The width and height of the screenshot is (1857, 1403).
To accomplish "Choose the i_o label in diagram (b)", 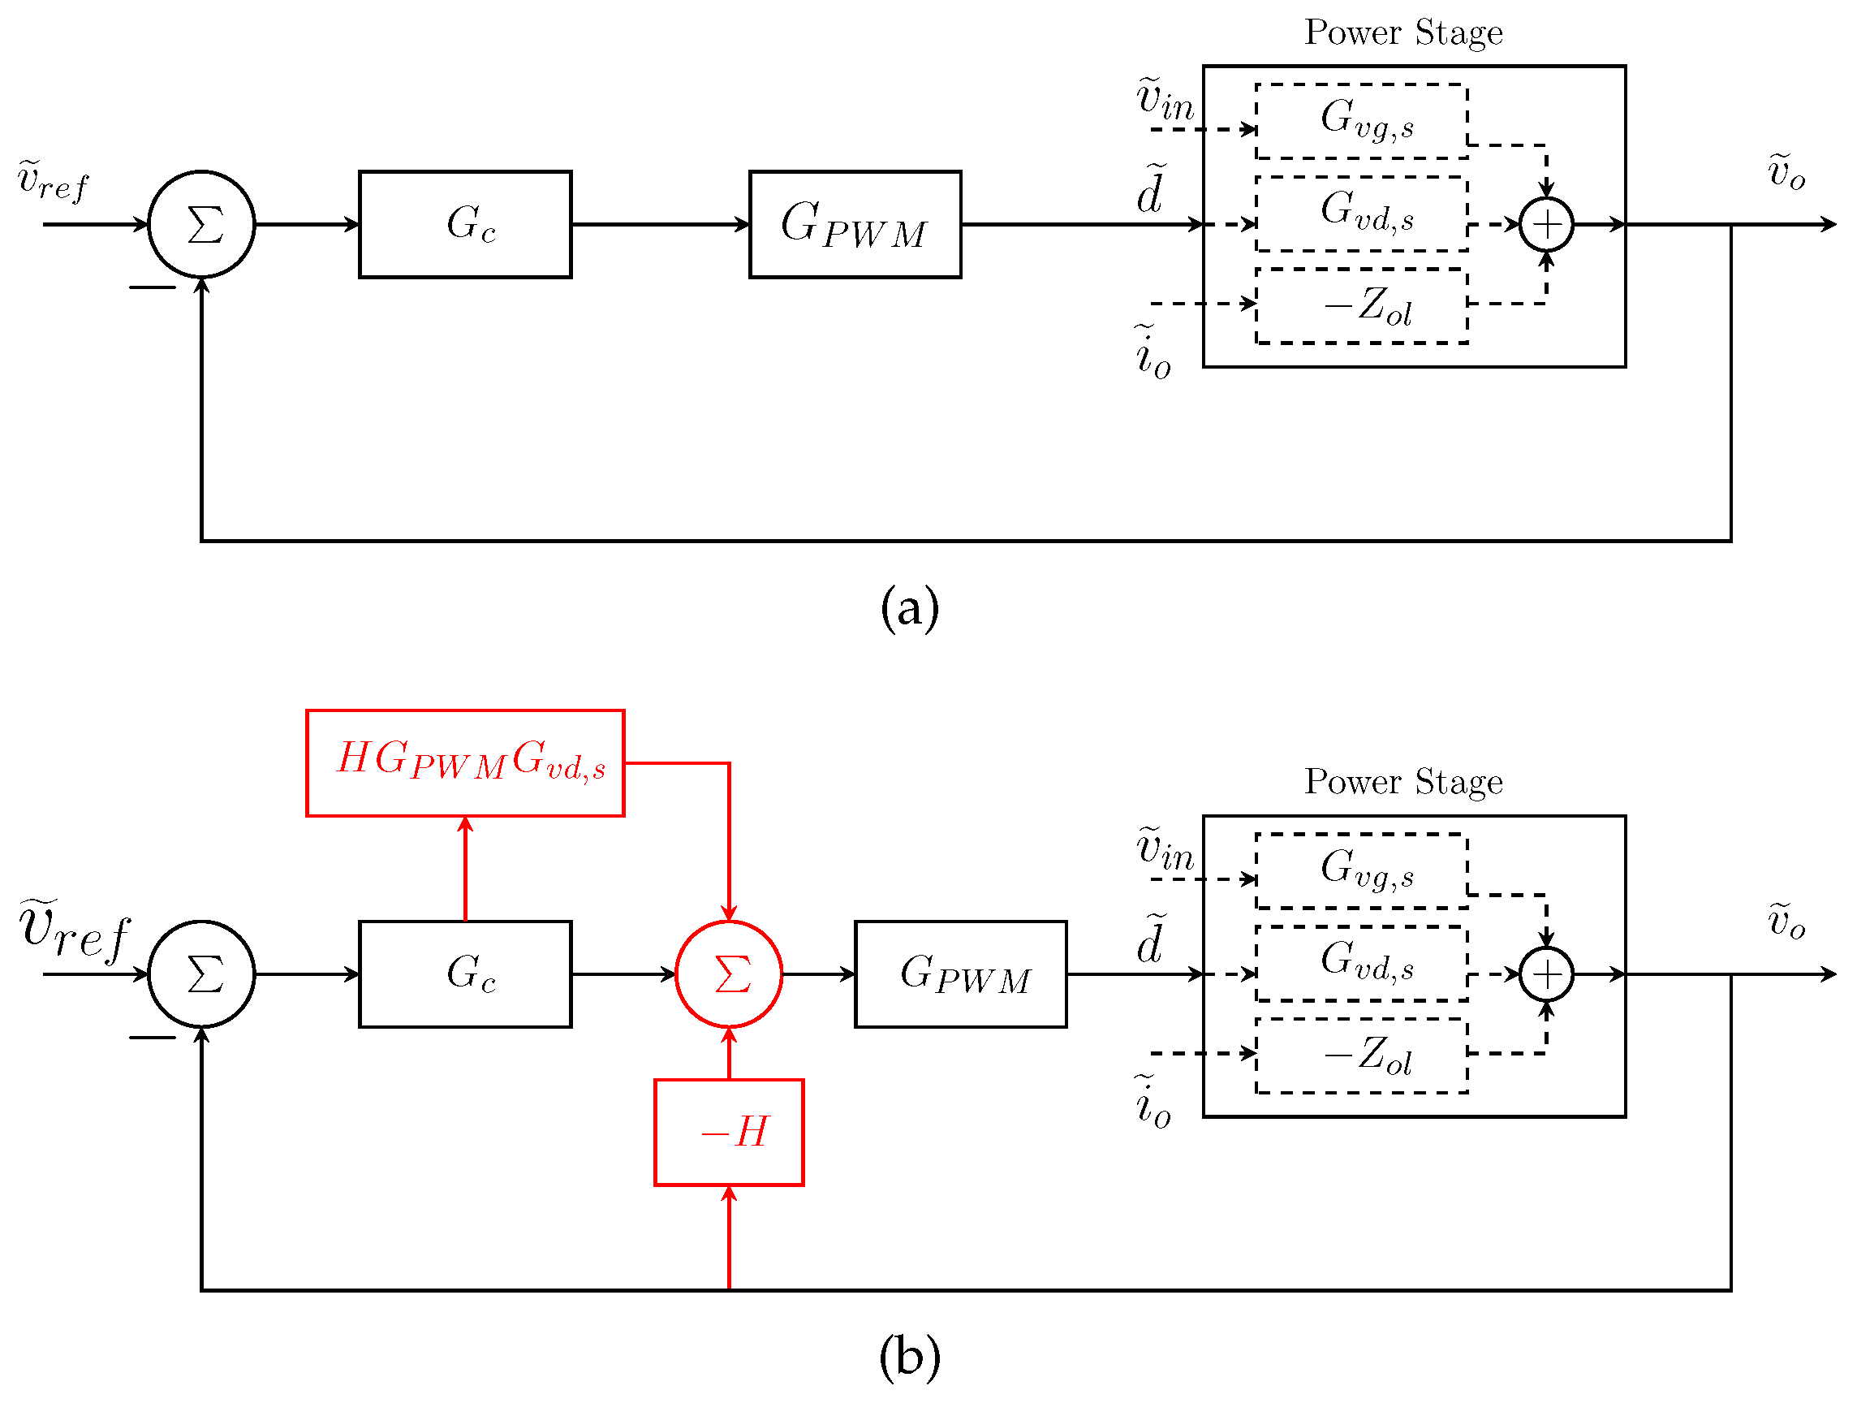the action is click(x=1153, y=1102).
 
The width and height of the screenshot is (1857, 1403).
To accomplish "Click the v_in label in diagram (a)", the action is click(x=1165, y=99).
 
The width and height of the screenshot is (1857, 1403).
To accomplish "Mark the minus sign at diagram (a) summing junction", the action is click(x=152, y=288).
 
